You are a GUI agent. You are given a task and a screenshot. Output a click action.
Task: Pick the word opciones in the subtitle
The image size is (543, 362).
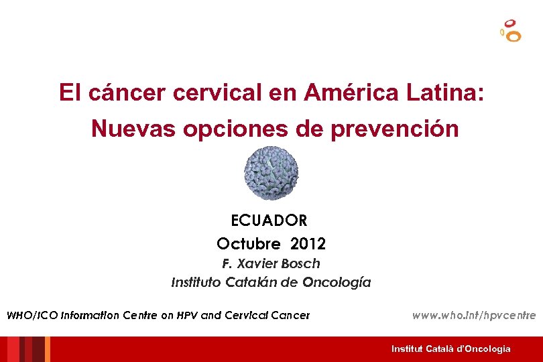tap(233, 128)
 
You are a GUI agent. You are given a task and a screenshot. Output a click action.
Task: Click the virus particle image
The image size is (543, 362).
tap(271, 173)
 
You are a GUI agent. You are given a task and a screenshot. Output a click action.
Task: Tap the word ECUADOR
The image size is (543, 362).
tap(269, 220)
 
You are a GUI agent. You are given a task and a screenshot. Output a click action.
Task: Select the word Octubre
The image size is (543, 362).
tap(250, 242)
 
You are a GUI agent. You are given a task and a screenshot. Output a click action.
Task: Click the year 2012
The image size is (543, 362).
tap(308, 242)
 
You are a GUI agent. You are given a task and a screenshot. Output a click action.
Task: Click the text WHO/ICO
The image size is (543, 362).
tap(32, 315)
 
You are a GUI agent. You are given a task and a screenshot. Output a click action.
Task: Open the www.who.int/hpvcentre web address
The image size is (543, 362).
tap(474, 314)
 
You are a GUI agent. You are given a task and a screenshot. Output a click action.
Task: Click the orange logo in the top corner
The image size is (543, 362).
tap(511, 31)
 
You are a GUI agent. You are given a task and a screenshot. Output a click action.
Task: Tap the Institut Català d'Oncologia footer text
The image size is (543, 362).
tap(450, 349)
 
